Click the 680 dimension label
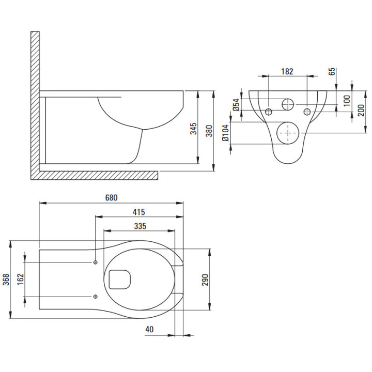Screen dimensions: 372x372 pos(112,198)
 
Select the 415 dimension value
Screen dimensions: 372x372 pos(138,212)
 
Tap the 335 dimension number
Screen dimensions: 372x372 pos(139,226)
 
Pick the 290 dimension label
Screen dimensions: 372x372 pos(205,279)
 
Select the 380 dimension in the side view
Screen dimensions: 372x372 pos(209,131)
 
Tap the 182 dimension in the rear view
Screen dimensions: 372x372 pos(288,72)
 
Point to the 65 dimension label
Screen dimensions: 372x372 pos(332,72)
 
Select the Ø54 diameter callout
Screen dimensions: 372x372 pos(235,105)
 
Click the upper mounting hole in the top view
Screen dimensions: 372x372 pos(96,262)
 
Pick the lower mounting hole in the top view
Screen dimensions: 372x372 pos(96,296)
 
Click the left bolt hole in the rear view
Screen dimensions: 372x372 pos(269,112)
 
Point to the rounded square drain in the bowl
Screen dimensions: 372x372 pos(119,280)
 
